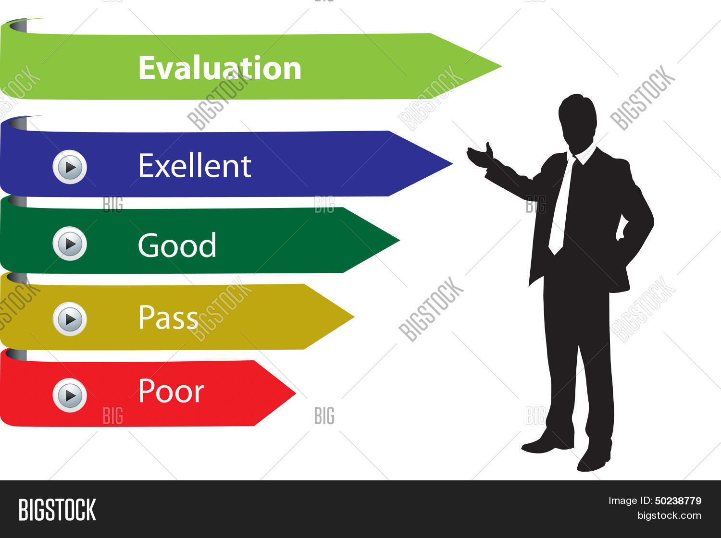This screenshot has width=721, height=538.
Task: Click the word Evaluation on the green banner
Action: pyautogui.click(x=220, y=68)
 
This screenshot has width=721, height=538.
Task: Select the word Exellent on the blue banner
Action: pyautogui.click(x=195, y=166)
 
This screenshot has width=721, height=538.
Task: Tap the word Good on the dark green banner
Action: pyautogui.click(x=177, y=245)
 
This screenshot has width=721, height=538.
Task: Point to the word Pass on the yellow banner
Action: pyautogui.click(x=168, y=317)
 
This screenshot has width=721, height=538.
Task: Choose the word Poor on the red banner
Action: pyautogui.click(x=171, y=390)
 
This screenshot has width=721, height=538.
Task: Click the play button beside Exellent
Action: pyautogui.click(x=70, y=167)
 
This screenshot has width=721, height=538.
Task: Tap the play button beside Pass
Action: pyautogui.click(x=70, y=319)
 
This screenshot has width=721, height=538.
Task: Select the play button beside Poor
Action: pyautogui.click(x=70, y=395)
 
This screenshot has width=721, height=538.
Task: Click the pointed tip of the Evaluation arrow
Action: pyautogui.click(x=501, y=66)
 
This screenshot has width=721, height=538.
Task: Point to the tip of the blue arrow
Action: pyautogui.click(x=453, y=163)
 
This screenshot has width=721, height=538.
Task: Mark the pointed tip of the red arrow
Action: pyautogui.click(x=296, y=393)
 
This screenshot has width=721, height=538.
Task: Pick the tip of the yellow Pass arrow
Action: pyautogui.click(x=354, y=317)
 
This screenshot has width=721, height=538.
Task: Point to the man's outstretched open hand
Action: pyautogui.click(x=480, y=156)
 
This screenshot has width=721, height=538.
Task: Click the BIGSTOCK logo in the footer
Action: pyautogui.click(x=57, y=510)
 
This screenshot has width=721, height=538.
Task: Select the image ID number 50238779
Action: pyautogui.click(x=678, y=501)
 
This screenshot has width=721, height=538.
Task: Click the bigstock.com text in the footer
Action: pyautogui.click(x=669, y=515)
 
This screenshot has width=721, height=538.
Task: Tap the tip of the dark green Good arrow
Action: pyautogui.click(x=399, y=240)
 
